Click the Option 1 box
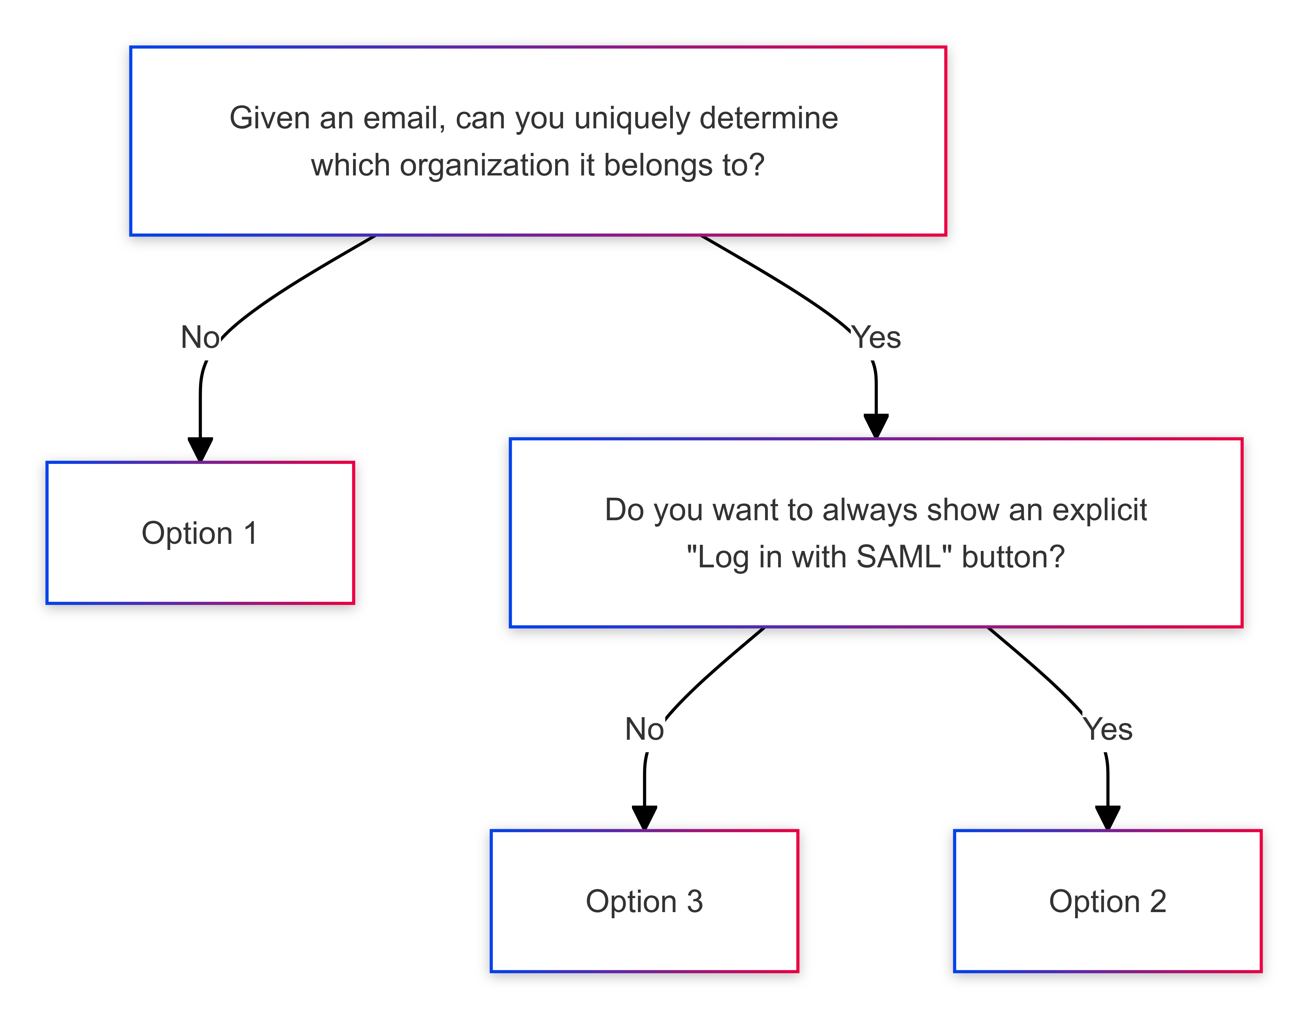200,533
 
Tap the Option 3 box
644,901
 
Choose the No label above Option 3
645,729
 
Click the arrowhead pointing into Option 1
200,450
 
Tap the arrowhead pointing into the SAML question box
876,426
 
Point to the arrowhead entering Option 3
645,818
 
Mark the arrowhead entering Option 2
1108,818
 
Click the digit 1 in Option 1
251,533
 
